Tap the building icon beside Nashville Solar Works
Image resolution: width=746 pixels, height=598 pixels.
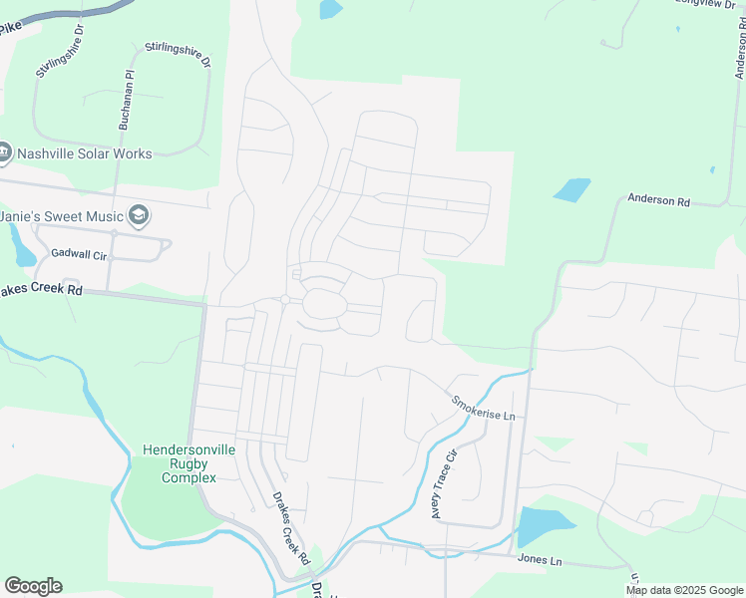click(5, 153)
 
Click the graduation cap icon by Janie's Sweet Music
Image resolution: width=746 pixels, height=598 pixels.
click(139, 215)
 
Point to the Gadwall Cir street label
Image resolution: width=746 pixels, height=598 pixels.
click(79, 255)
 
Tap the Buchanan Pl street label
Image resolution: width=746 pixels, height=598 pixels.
click(126, 103)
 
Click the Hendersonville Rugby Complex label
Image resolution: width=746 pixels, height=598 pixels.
click(189, 463)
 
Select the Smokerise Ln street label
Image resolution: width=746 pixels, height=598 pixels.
click(484, 407)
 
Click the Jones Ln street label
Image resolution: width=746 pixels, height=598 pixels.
click(540, 561)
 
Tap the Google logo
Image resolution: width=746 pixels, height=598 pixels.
click(33, 586)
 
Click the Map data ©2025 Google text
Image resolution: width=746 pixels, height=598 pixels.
click(684, 590)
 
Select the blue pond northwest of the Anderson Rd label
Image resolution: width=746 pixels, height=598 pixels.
click(571, 189)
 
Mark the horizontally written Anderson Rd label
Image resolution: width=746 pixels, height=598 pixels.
click(658, 200)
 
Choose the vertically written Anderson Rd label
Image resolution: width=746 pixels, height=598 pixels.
click(740, 50)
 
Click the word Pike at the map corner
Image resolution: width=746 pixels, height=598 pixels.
click(9, 29)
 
